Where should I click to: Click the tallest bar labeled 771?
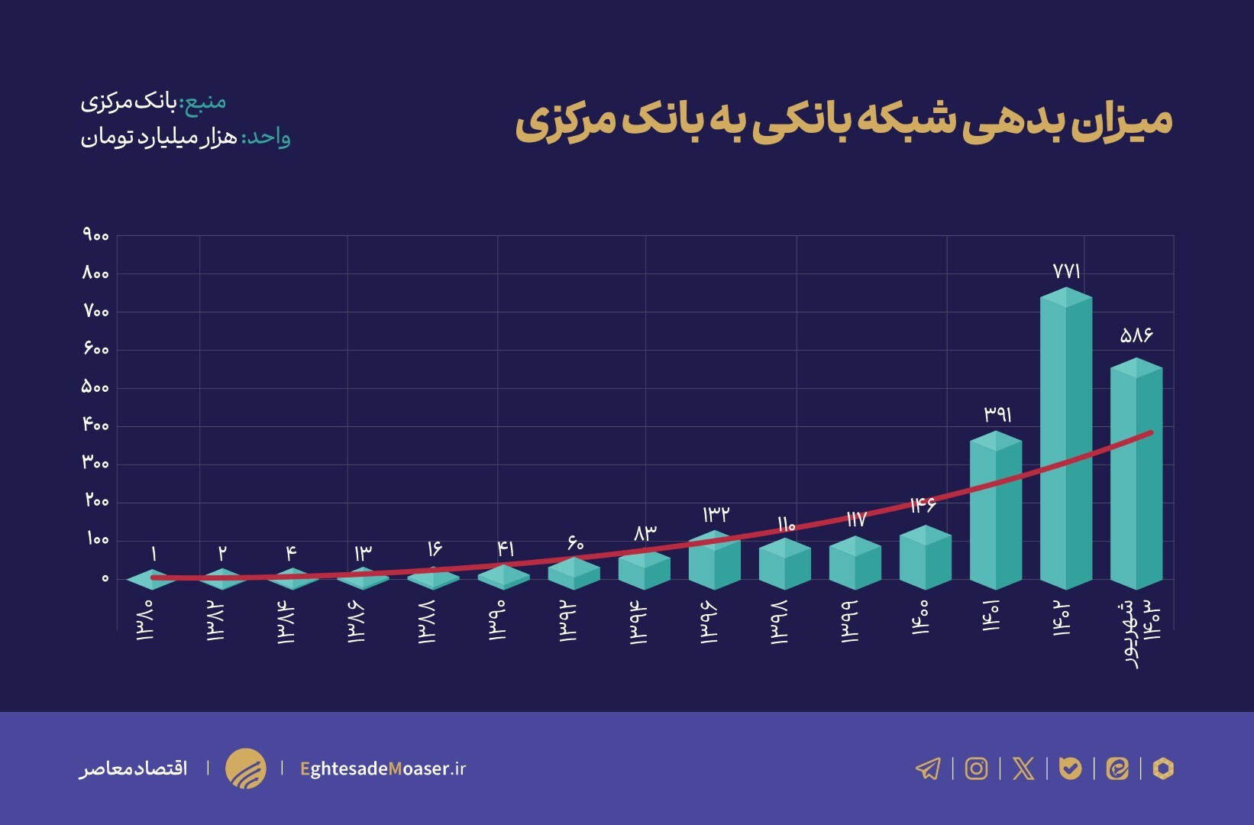point(1066,439)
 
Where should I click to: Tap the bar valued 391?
point(996,512)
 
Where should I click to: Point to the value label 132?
point(716,514)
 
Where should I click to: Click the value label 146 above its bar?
point(923,505)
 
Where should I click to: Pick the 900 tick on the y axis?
point(95,235)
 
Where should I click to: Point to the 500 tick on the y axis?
point(95,387)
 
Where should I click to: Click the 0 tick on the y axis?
point(105,578)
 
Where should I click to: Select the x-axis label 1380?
point(145,620)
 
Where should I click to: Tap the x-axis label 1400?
point(920,617)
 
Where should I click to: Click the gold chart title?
point(843,122)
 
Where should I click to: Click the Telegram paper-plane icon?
point(928,768)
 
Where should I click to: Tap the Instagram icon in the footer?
point(976,768)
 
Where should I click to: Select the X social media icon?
point(1023,768)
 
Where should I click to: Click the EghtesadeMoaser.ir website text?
point(383,768)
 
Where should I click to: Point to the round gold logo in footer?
point(246,768)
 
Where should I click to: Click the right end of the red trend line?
point(1149,433)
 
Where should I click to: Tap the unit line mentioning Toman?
point(186,138)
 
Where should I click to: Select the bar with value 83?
point(645,569)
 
